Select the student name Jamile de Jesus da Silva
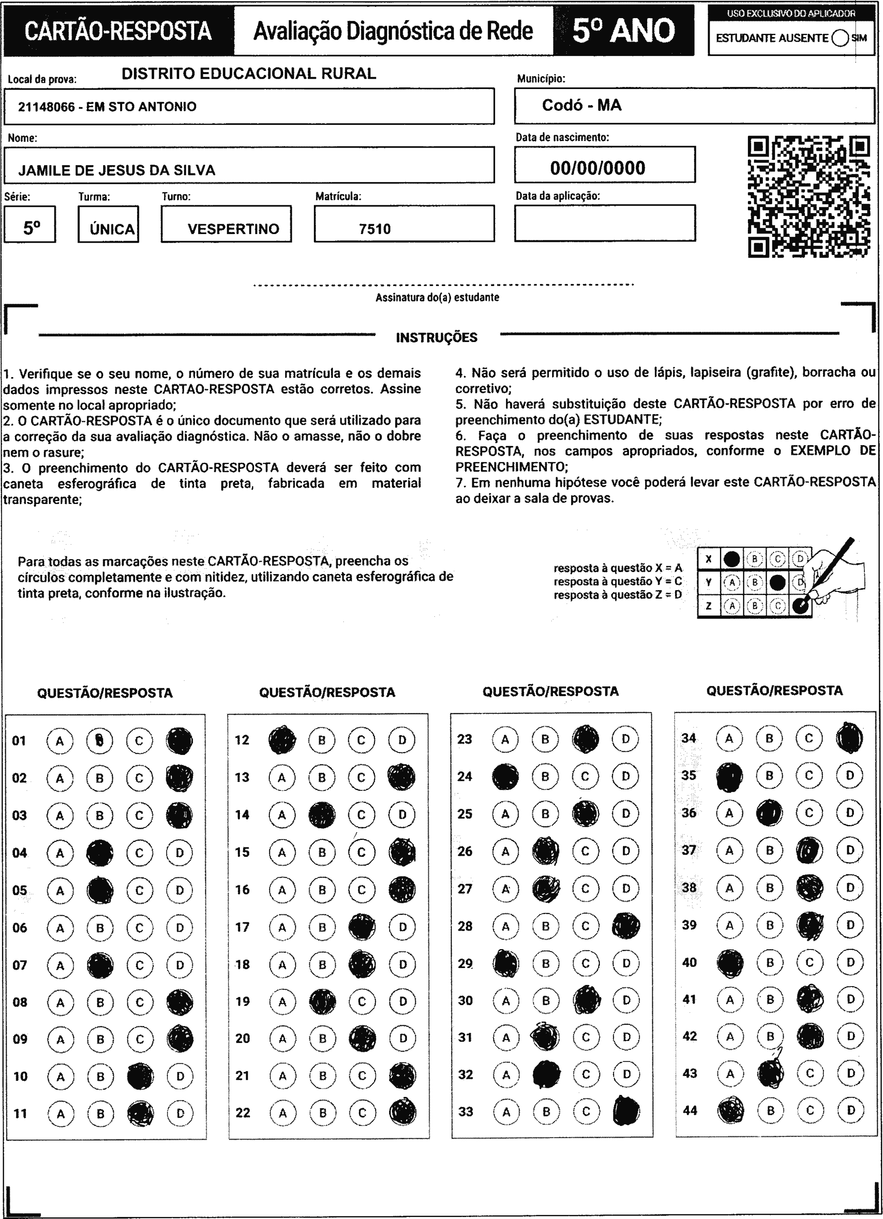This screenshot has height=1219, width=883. (117, 170)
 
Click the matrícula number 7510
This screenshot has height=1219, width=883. (375, 229)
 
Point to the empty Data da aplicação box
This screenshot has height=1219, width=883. (605, 223)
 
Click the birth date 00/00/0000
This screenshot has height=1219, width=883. (597, 168)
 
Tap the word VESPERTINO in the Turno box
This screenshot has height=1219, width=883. (233, 229)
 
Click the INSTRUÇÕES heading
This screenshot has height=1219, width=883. (436, 338)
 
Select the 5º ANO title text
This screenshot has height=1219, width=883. (623, 31)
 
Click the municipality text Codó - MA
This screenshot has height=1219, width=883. (581, 105)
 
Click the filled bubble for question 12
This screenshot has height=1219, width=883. (282, 740)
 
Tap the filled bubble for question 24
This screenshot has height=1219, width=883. (505, 777)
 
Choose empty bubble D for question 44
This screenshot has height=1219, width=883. (851, 1110)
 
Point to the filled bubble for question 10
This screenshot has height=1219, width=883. (140, 1076)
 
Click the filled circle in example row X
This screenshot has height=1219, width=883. (731, 559)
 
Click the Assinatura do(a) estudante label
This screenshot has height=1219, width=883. (437, 297)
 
